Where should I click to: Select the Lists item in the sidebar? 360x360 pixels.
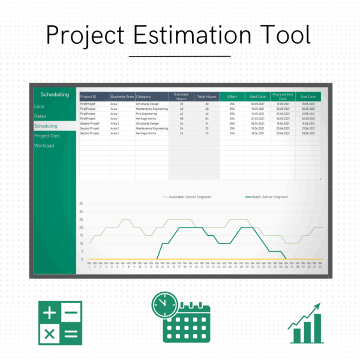pyautogui.click(x=39, y=106)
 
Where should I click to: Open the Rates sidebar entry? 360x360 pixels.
pyautogui.click(x=40, y=116)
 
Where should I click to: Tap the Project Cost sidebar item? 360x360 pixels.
pyautogui.click(x=47, y=136)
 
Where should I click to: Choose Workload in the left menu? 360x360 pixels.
pyautogui.click(x=44, y=145)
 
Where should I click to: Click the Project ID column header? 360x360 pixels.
pyautogui.click(x=88, y=96)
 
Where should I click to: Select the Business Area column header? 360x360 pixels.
pyautogui.click(x=122, y=96)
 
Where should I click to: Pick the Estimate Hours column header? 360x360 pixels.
pyautogui.click(x=181, y=96)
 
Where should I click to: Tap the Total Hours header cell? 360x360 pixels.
pyautogui.click(x=207, y=96)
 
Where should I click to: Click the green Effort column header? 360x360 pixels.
pyautogui.click(x=232, y=96)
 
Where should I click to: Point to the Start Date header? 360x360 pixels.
pyautogui.click(x=257, y=96)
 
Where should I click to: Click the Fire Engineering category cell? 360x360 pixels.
pyautogui.click(x=148, y=113)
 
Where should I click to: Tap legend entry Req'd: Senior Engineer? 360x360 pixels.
pyautogui.click(x=267, y=196)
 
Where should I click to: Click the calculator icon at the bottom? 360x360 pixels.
pyautogui.click(x=61, y=323)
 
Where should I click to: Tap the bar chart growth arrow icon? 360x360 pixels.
pyautogui.click(x=305, y=324)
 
